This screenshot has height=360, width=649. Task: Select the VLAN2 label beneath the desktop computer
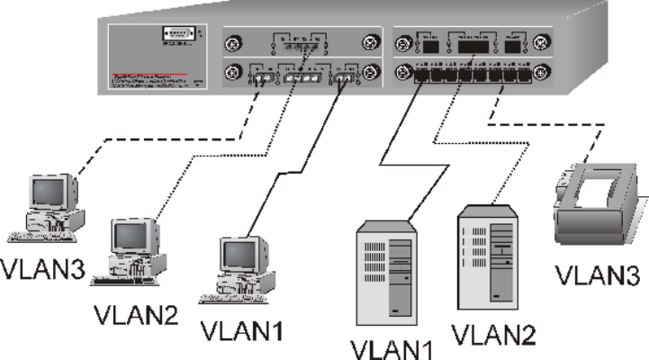click(136, 315)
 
